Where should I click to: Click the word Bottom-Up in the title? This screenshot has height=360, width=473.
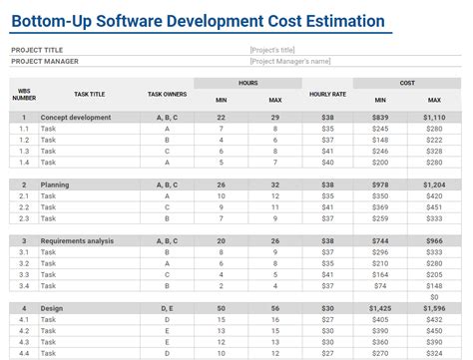point(49,21)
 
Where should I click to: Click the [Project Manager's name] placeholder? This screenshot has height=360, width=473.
point(290,61)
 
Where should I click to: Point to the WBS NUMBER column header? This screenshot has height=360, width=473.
point(24,94)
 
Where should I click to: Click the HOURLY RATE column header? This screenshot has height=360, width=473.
point(326,94)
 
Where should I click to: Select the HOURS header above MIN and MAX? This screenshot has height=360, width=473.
point(248,83)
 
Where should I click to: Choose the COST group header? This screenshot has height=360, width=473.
point(407,83)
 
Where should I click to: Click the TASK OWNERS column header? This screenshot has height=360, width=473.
point(167,94)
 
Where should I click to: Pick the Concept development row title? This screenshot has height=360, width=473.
point(76,117)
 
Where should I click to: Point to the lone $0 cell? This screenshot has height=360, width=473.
point(434,297)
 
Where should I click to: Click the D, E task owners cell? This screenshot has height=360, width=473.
point(167,309)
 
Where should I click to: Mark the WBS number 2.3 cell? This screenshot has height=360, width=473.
point(24,218)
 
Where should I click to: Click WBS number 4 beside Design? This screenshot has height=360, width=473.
point(24,309)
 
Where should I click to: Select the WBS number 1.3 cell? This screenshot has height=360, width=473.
point(24,151)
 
